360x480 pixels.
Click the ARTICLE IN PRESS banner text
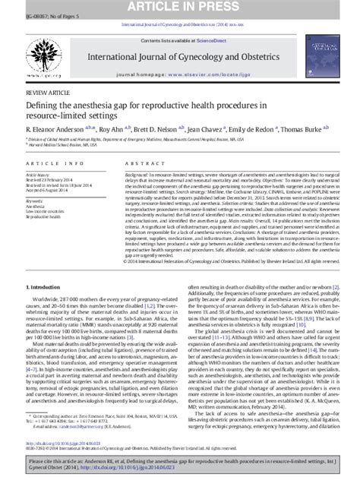(180, 7)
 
